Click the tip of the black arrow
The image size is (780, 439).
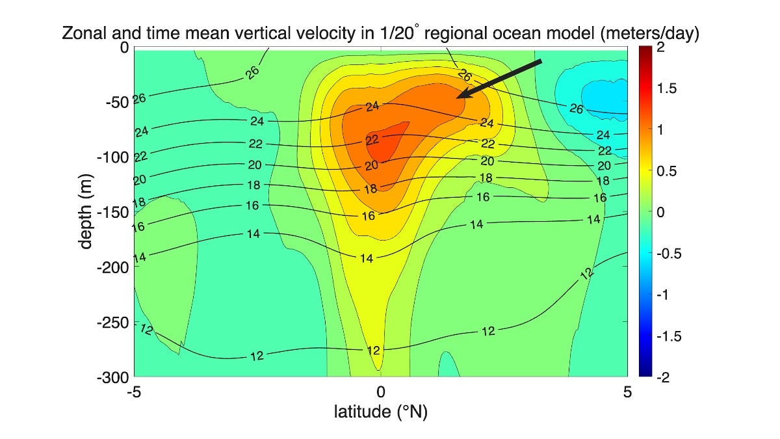457,98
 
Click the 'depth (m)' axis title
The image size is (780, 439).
86,212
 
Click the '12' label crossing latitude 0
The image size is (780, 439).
373,351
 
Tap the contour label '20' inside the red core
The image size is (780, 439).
371,166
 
